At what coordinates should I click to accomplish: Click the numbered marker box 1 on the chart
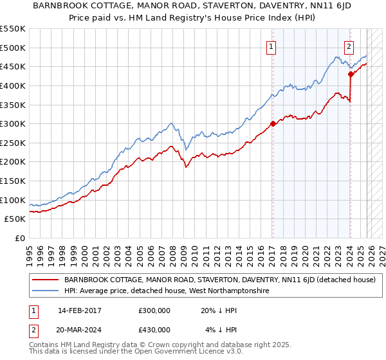coord(271,46)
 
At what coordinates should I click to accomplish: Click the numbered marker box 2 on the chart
coord(349,46)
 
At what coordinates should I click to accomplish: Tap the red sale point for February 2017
coord(272,123)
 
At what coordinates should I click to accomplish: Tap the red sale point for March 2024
coord(351,74)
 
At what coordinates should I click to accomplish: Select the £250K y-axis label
coord(13,143)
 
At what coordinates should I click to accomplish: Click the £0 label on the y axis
coord(19,238)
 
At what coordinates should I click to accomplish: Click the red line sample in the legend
coord(45,280)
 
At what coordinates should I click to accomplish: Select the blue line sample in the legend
coord(45,291)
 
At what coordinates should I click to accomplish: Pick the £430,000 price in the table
coord(154,329)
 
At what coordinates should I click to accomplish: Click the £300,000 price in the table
coord(154,310)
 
